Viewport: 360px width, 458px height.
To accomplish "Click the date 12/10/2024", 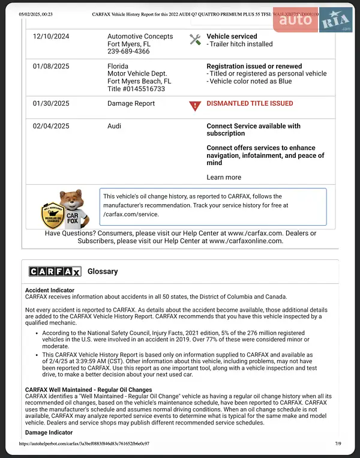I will [x=51, y=37].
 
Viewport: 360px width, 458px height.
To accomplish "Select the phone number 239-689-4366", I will [x=128, y=52].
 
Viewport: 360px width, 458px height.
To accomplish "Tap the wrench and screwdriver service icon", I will [x=195, y=40].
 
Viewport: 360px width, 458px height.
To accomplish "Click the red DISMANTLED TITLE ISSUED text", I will [x=250, y=103].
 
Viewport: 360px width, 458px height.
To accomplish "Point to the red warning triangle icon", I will [x=195, y=106].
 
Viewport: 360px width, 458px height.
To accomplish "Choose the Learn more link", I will [x=224, y=177].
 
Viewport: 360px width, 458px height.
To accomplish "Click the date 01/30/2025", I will [x=51, y=103].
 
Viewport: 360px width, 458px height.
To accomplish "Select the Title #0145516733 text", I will [x=136, y=89].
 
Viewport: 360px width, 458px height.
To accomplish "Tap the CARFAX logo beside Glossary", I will [x=55, y=271].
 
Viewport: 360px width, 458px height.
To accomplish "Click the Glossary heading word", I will [x=103, y=271].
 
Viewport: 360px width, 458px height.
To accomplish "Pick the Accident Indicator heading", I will [x=50, y=289].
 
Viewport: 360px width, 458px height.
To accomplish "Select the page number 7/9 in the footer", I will [x=337, y=444].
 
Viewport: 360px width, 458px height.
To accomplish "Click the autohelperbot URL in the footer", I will [x=84, y=444].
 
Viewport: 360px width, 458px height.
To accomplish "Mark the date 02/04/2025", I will [x=51, y=126].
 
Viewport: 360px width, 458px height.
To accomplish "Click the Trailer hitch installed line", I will [x=239, y=44].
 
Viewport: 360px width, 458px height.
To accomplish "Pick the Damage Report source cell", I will [x=131, y=103].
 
